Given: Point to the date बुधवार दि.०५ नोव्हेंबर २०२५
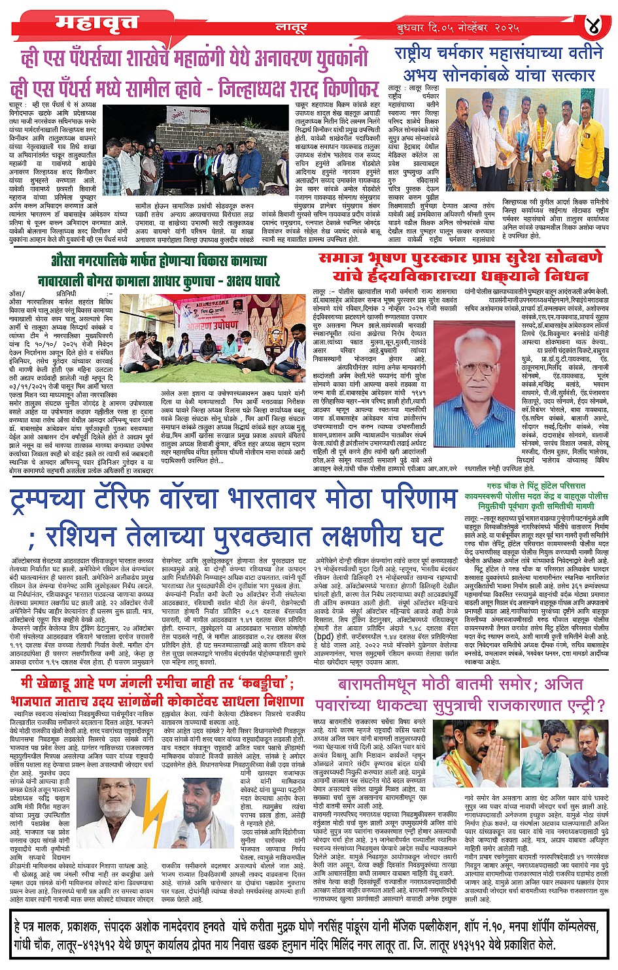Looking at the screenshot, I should point(457,28).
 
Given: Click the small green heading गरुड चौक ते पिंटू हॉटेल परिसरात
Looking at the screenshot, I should point(536,486).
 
